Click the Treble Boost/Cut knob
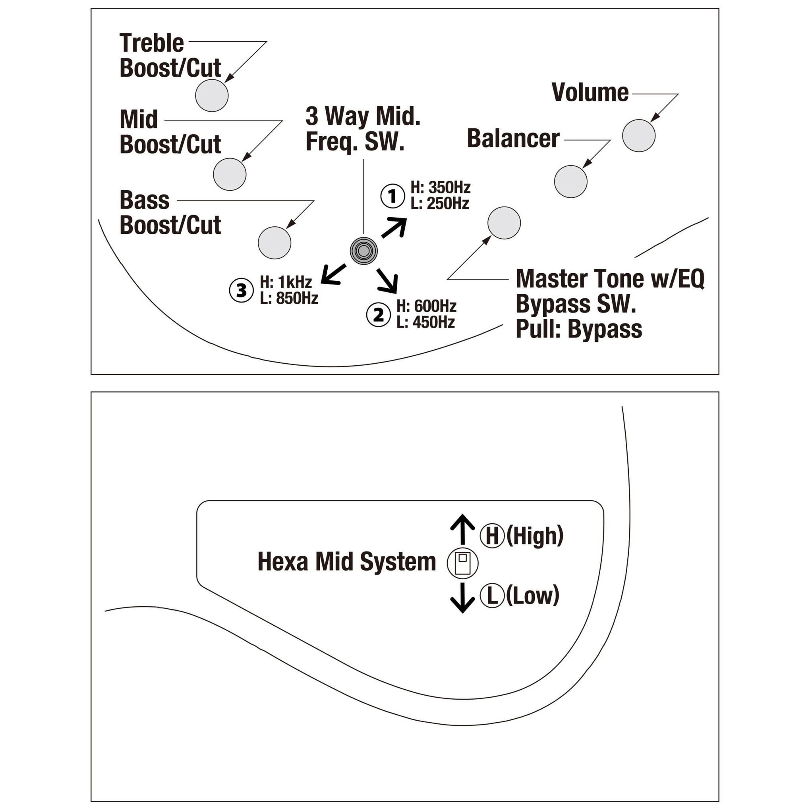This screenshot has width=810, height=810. [x=212, y=96]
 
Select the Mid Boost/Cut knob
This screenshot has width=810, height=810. [x=230, y=174]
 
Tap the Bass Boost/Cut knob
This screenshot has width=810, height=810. [x=275, y=243]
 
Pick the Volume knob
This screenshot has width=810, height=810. [x=638, y=136]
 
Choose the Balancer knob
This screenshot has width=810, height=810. [x=570, y=181]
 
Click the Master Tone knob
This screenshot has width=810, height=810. [x=504, y=223]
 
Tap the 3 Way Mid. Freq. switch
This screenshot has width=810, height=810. [x=363, y=251]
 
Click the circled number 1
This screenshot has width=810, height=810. [x=392, y=196]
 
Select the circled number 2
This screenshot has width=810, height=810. [x=378, y=314]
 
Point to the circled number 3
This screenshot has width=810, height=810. [x=241, y=290]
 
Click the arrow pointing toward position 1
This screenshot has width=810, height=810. [x=394, y=228]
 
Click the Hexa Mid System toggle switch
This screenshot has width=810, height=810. [x=462, y=563]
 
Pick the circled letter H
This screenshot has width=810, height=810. [x=492, y=535]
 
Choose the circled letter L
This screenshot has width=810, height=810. [x=492, y=595]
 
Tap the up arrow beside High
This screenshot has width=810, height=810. [x=462, y=529]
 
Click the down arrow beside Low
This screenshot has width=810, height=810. [x=462, y=598]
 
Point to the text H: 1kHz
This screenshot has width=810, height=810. [x=286, y=282]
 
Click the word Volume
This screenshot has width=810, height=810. [x=590, y=93]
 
